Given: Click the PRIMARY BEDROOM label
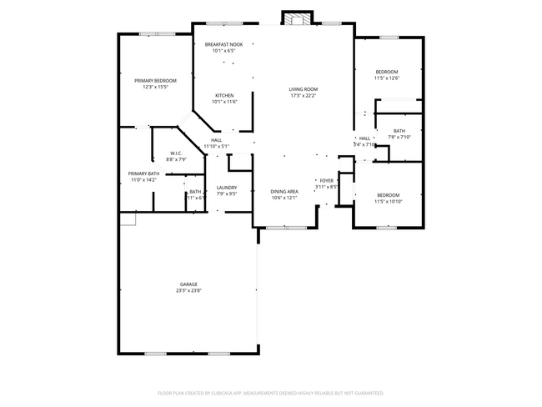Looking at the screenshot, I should click(156, 80).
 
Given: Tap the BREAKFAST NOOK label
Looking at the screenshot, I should click(224, 44).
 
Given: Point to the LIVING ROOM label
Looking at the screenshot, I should click(304, 89).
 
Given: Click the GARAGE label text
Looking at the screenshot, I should click(188, 284).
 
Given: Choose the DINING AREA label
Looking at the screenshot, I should click(284, 192).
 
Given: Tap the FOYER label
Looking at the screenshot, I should click(326, 180).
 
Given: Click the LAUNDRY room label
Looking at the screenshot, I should click(227, 188).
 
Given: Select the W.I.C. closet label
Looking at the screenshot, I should click(176, 153).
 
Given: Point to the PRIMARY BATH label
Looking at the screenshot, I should click(143, 173).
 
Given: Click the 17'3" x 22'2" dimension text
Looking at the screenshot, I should click(304, 96).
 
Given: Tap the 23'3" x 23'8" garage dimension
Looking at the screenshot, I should click(188, 291).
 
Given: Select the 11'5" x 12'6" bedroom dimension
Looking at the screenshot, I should click(387, 78).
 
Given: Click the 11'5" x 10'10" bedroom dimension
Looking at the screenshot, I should click(389, 201).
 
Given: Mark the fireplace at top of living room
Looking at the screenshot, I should click(295, 18).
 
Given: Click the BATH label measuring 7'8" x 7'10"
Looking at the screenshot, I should click(399, 130).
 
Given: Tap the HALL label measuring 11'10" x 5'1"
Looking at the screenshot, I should click(216, 139).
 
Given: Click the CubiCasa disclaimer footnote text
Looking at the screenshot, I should click(270, 392).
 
